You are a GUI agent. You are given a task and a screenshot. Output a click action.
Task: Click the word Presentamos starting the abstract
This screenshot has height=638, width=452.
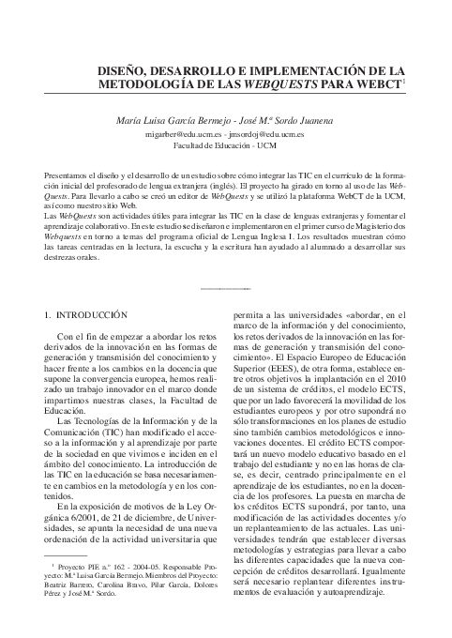(x=68, y=176)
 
